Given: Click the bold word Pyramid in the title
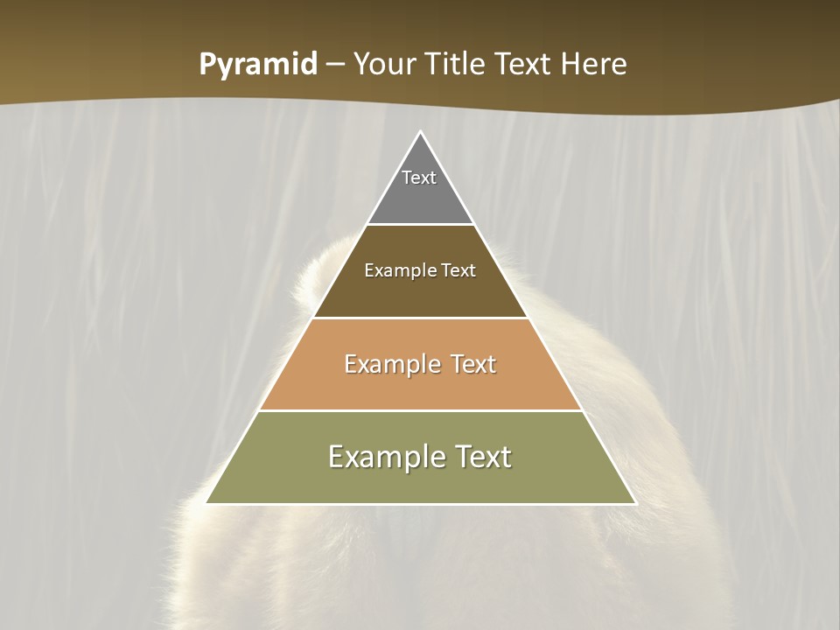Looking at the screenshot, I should [257, 65].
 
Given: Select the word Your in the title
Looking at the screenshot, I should [385, 64].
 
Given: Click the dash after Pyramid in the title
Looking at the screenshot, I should [335, 65].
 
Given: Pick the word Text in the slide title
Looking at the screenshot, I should [524, 64].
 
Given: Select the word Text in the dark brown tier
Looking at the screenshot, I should [458, 270].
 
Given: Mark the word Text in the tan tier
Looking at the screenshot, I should [473, 364].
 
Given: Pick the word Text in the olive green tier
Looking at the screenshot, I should [482, 457].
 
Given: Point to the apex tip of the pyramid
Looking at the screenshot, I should [420, 133].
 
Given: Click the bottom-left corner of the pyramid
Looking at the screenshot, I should [207, 502].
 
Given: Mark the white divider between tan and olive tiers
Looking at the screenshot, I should [420, 410].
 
